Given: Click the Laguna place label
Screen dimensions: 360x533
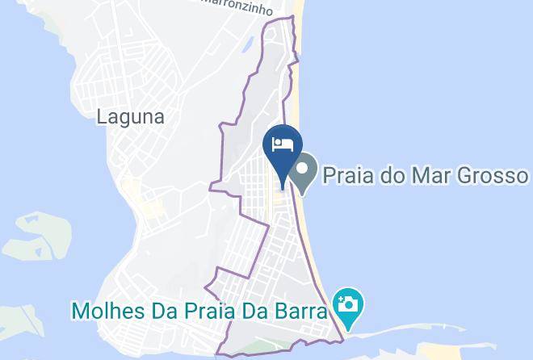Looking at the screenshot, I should (130, 116).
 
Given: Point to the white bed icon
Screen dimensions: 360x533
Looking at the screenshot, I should (283, 144).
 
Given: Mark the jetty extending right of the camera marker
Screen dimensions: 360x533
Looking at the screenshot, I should (404, 332).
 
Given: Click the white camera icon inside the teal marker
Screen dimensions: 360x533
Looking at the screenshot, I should (349, 303).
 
